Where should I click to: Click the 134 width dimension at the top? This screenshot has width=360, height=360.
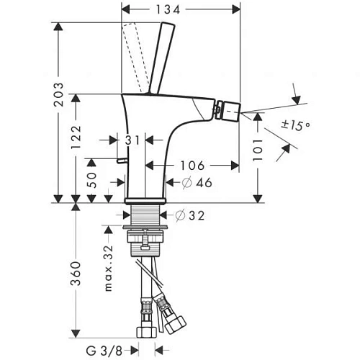click(x=180, y=9)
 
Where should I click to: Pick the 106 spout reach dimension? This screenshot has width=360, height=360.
click(x=192, y=165)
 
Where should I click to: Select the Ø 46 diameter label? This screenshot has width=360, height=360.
click(x=192, y=182)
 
